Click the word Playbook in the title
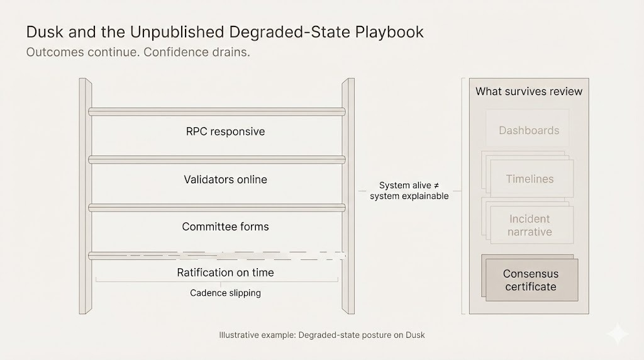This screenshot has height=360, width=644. coord(389,32)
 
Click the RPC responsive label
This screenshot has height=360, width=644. coord(226,132)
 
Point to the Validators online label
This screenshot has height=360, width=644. coord(226,179)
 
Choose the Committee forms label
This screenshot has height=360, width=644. coord(226,227)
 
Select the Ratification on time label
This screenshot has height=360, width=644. coord(226,273)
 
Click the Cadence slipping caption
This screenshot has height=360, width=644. coord(226,293)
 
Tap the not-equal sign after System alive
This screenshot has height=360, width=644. coord(436,185)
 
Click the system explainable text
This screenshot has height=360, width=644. coord(409,196)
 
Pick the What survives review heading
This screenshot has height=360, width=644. coord(529,91)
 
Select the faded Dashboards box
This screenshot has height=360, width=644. coord(528,128)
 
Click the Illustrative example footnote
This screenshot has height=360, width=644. coord(322,335)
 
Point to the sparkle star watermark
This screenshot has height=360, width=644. coord(618,334)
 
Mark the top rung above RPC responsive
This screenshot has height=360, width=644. coord(217,112)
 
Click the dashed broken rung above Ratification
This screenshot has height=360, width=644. coord(217,256)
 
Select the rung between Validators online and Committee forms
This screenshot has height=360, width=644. coord(217,208)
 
